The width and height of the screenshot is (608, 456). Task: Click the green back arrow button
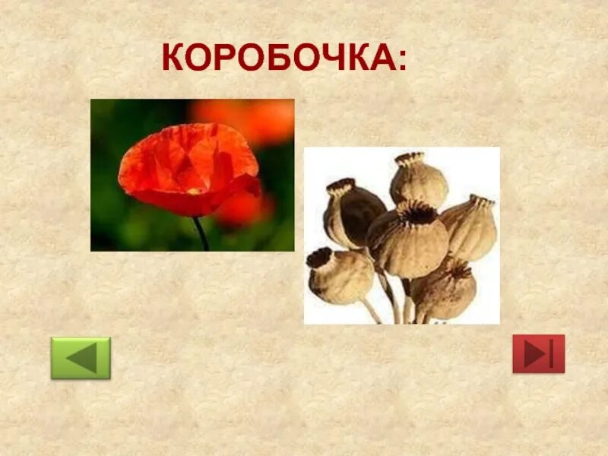(x=81, y=358)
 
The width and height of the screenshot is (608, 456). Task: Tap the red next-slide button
(x=538, y=353)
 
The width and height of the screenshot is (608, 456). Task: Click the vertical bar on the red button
(x=551, y=353)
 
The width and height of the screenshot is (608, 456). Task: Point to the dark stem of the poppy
(x=201, y=233)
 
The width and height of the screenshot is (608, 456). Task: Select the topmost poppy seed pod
(x=418, y=179)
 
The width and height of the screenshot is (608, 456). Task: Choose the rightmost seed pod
(x=470, y=226)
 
